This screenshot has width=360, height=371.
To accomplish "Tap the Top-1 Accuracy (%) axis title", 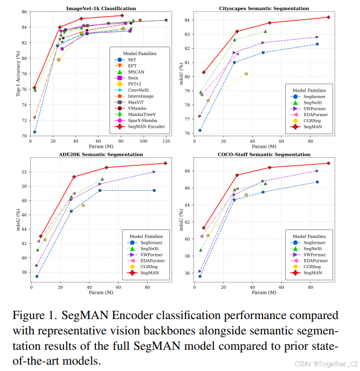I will tap(17, 74).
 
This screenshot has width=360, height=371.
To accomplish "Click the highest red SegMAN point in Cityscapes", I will tap(328, 17).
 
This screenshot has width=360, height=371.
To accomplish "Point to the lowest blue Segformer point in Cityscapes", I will tap(200, 130).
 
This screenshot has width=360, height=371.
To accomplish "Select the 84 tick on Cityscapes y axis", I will tap(187, 20).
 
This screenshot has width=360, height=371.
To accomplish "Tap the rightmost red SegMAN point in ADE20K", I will tap(165, 163).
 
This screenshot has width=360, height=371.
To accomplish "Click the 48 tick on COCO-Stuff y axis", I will tap(187, 171).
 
